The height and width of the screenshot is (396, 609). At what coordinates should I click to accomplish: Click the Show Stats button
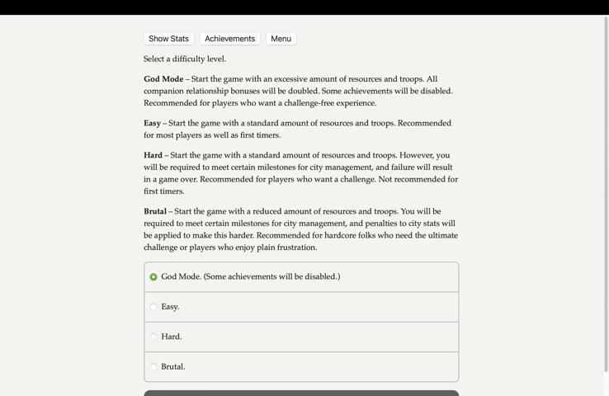pos(168,39)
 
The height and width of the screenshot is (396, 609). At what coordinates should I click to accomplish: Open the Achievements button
pos(229,39)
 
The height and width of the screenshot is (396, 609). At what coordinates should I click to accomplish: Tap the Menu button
pos(281,39)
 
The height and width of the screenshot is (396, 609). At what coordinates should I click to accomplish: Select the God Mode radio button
pos(153,277)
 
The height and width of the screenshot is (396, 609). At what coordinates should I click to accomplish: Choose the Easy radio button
pos(153,307)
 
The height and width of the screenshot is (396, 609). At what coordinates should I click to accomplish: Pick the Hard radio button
pos(153,337)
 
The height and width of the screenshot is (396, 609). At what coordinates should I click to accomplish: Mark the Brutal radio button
pos(153,367)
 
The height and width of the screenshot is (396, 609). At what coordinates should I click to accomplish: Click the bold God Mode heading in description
pos(163,79)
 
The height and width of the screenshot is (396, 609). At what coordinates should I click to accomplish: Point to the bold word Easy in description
pos(152,123)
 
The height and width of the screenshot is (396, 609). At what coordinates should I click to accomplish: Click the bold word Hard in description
pos(153,155)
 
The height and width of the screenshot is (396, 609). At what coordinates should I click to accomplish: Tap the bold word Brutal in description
pos(155,211)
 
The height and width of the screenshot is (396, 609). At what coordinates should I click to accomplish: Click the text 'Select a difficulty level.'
pos(185,59)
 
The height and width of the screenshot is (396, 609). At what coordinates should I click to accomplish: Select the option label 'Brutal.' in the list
pos(173,367)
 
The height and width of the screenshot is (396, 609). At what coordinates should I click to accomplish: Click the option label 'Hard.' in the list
pos(172,337)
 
